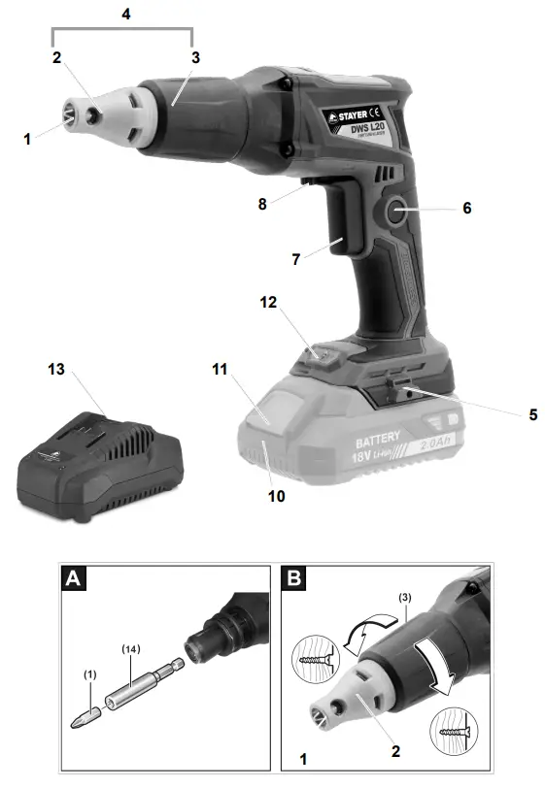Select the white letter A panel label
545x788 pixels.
click(x=74, y=580)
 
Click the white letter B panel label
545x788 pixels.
click(x=292, y=580)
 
